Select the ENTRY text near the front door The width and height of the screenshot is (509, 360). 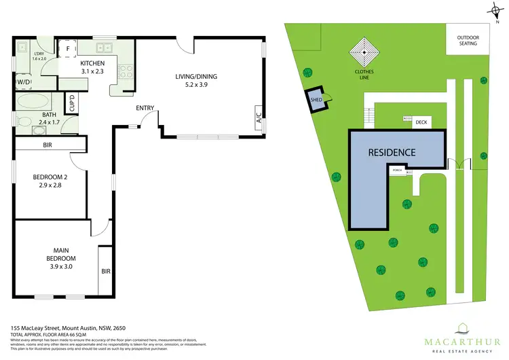[145, 108]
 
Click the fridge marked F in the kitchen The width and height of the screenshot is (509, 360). [69, 48]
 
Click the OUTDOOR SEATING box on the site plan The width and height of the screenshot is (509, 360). [467, 40]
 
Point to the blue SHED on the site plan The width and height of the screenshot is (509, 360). [314, 98]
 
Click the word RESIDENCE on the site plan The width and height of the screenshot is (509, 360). [392, 152]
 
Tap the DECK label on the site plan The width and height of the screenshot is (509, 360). [421, 121]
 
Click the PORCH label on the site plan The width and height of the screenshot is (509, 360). [396, 172]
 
